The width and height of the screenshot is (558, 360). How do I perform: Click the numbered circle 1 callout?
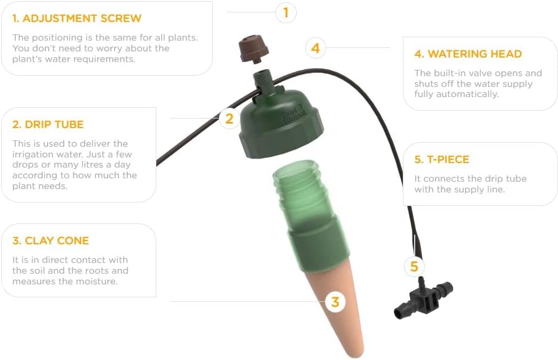(285, 13)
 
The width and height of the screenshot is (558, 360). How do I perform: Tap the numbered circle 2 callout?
(230, 118)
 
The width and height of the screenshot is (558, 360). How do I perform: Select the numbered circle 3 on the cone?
(335, 302)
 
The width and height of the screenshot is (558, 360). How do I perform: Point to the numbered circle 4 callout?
(315, 48)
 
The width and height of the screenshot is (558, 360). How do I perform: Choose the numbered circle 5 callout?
(414, 266)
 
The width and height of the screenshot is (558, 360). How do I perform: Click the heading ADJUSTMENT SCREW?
(77, 19)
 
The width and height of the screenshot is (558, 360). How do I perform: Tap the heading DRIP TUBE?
(48, 125)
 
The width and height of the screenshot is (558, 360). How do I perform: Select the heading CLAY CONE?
(51, 241)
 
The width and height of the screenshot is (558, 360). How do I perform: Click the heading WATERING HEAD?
(468, 54)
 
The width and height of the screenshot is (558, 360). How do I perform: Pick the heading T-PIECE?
(442, 160)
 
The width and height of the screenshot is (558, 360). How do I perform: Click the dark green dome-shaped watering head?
(281, 123)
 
